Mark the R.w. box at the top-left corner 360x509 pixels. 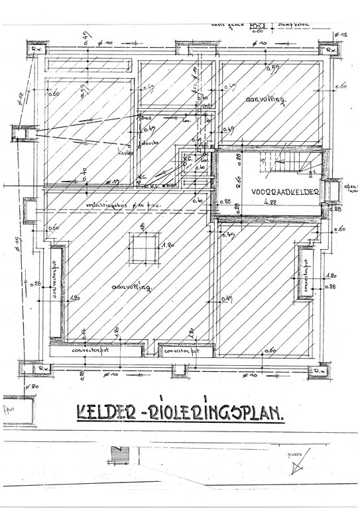(x=34, y=50)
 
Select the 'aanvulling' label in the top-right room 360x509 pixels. (x=265, y=101)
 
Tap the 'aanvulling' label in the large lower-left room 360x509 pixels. (x=133, y=288)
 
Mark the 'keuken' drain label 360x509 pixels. (x=126, y=152)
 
